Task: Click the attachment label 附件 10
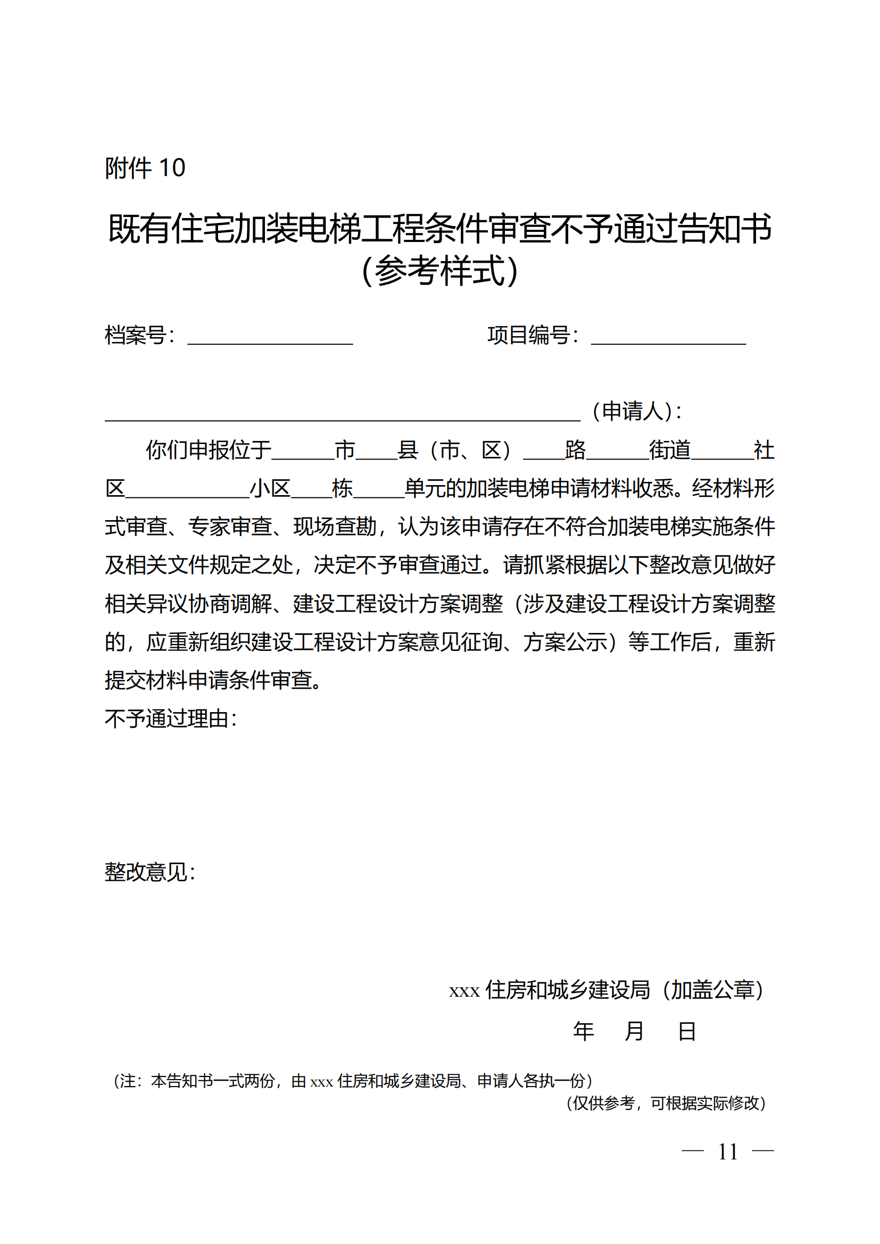145,168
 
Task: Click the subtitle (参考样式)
439,270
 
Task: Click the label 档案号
136,336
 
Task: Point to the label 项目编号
528,336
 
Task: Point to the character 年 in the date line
584,1031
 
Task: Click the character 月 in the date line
634,1031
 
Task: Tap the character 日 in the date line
686,1031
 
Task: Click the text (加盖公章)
712,990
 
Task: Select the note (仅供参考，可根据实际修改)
666,1103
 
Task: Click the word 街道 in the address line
670,450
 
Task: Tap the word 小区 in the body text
270,489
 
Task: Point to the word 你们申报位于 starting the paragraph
209,450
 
